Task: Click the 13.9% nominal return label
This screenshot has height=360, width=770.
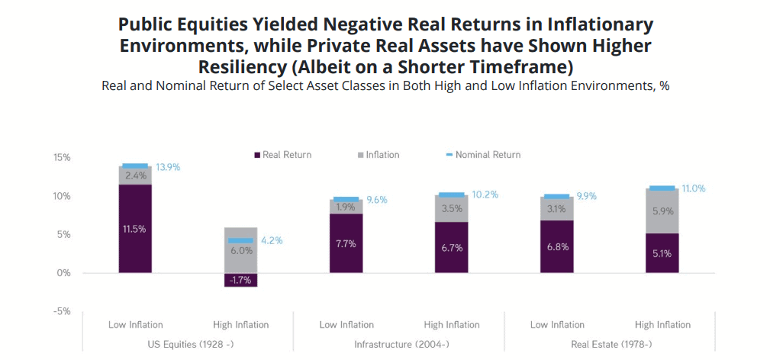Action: (x=168, y=166)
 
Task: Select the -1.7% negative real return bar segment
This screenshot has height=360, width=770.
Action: (x=240, y=279)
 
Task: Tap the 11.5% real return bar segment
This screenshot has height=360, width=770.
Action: (x=134, y=228)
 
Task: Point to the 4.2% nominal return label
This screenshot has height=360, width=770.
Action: (x=272, y=240)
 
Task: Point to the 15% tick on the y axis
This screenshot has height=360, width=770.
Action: (x=62, y=158)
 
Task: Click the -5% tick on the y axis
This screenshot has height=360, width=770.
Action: (x=62, y=311)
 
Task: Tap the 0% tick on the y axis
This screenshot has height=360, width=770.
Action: (x=64, y=273)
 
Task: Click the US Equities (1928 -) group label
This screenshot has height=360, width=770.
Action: (x=188, y=345)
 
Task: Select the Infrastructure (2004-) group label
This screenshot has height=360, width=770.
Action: (x=399, y=345)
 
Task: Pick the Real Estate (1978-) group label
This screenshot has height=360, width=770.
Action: (x=610, y=345)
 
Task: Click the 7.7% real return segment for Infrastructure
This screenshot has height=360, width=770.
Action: (x=346, y=243)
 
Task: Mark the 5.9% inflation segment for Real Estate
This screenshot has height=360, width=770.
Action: (x=662, y=212)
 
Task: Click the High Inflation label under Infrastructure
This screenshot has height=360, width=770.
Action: (x=452, y=325)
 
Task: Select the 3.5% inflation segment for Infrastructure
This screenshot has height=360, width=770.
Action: (x=451, y=208)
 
